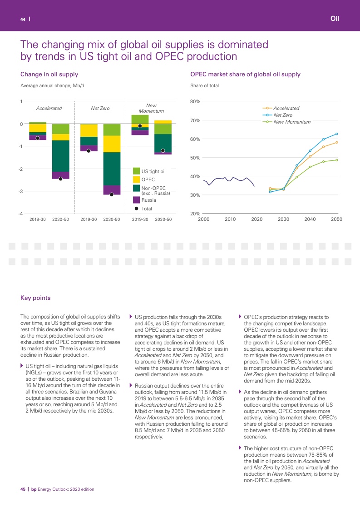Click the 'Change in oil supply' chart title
click(49, 75)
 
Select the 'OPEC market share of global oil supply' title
click(245, 75)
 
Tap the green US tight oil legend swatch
click(136, 171)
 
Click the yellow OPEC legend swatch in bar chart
click(136, 180)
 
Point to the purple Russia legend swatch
click(136, 199)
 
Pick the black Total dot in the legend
click(136, 209)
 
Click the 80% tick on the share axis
click(196, 102)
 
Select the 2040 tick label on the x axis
click(310, 219)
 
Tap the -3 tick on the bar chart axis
click(21, 192)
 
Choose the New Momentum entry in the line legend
click(291, 122)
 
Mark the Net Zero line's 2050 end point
click(336, 134)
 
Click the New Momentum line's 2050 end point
click(336, 160)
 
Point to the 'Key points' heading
click(35, 298)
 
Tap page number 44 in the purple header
click(22, 19)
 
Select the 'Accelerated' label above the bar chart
click(49, 109)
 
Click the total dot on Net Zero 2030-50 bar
click(112, 194)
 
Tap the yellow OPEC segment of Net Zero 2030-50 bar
click(112, 144)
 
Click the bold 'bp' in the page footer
click(33, 489)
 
